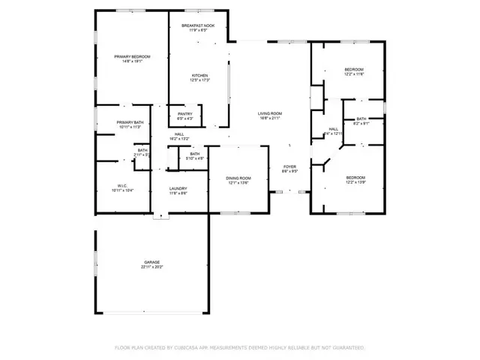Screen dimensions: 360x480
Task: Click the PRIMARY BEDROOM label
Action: click(132, 57)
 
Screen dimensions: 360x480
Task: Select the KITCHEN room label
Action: click(199, 76)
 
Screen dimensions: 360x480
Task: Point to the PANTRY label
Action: click(184, 114)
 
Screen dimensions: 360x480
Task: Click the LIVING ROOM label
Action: click(269, 113)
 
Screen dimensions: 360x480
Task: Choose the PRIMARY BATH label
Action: click(130, 123)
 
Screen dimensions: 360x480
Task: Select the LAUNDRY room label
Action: click(178, 188)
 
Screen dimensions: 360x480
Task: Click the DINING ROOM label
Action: click(238, 178)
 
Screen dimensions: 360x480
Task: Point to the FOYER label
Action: click(289, 166)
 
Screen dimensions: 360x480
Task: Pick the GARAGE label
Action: click(152, 262)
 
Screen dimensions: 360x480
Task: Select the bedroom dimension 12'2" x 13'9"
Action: click(355, 182)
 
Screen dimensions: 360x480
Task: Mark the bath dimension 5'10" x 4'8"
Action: click(194, 158)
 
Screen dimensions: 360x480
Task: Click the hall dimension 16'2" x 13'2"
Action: click(179, 139)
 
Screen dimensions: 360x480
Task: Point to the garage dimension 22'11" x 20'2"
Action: click(152, 267)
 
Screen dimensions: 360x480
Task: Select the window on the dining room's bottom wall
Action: click(235, 213)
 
